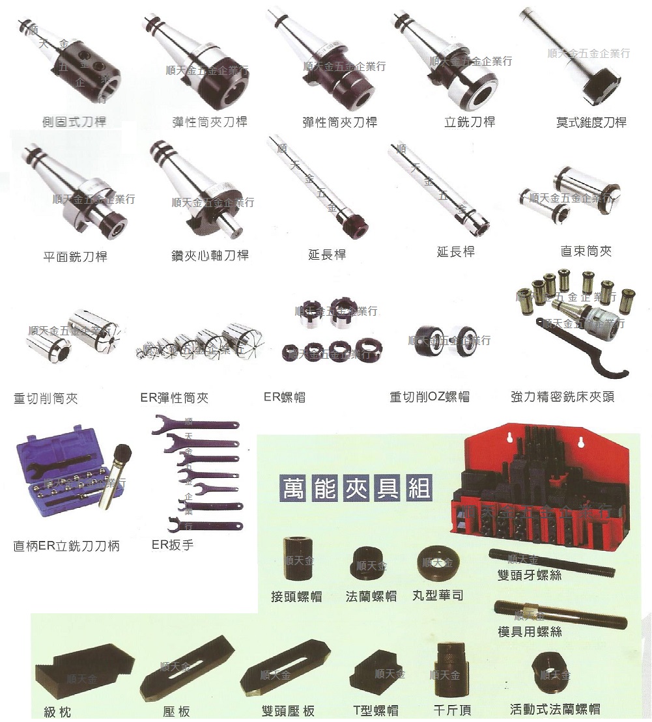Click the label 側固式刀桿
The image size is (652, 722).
pyautogui.click(x=74, y=122)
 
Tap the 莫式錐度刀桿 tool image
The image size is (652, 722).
pyautogui.click(x=573, y=59)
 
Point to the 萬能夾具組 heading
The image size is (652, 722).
pyautogui.click(x=356, y=488)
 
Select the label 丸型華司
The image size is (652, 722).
pyautogui.click(x=438, y=596)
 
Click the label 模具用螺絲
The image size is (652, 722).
pyautogui.click(x=530, y=632)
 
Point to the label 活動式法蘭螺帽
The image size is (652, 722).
pyautogui.click(x=555, y=709)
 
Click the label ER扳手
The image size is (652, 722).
pyautogui.click(x=173, y=544)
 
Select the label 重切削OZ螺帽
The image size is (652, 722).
pyautogui.click(x=429, y=396)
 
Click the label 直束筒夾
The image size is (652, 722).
pyautogui.click(x=586, y=251)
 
